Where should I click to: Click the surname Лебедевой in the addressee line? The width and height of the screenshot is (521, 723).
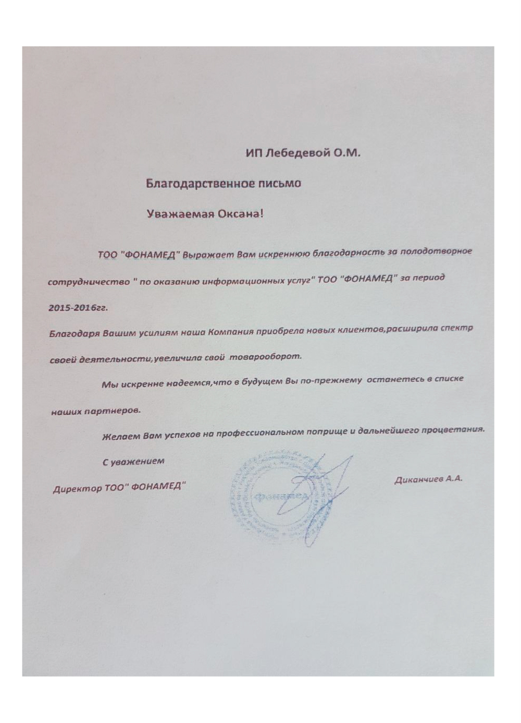[x=297, y=154]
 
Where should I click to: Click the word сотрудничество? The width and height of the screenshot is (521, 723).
[x=89, y=282]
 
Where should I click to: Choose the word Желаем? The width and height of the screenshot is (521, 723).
[x=120, y=435]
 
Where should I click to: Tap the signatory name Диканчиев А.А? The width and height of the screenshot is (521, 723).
[x=428, y=478]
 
